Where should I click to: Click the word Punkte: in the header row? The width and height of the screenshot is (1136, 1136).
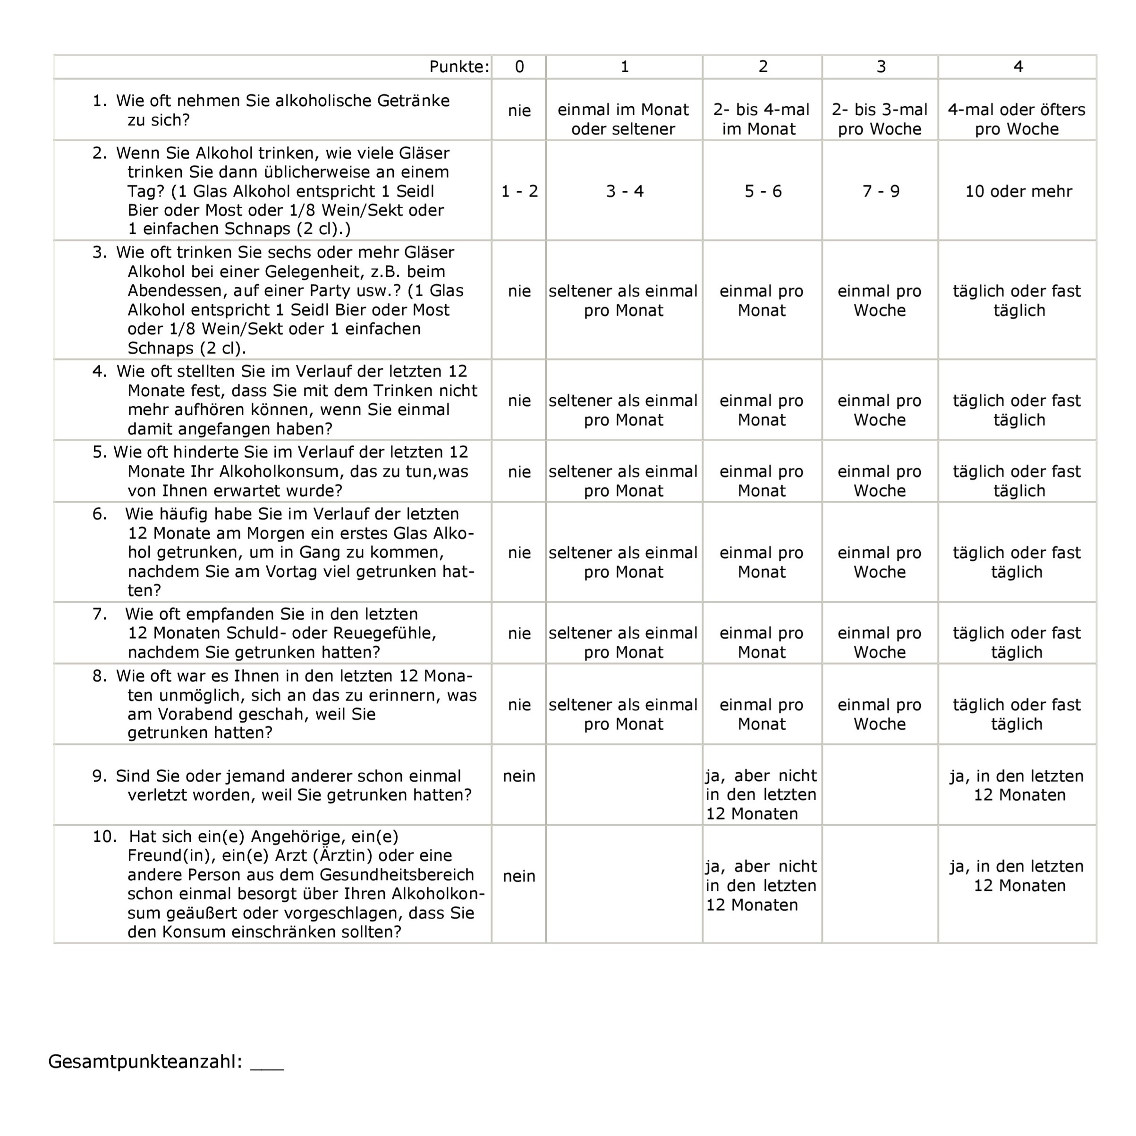coord(458,67)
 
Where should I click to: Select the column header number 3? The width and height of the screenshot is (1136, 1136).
coord(881,67)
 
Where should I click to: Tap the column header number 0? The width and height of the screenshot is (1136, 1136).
coord(519,67)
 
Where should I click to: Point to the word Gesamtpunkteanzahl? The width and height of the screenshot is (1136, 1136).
coord(144,1061)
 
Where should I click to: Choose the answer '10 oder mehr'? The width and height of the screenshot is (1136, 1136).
coord(1018,191)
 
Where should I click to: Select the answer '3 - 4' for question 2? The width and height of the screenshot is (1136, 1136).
coord(625,191)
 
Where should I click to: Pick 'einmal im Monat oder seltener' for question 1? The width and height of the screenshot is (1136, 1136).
coord(623,119)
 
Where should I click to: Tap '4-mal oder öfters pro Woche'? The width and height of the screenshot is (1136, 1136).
coord(1017,119)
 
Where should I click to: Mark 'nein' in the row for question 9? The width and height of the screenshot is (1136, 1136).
coord(519,776)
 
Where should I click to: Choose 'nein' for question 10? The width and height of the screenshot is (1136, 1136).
coord(519,876)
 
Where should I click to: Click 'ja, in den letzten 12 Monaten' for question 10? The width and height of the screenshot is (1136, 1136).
coord(1017,876)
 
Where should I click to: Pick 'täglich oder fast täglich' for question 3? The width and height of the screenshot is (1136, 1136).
coord(1017,300)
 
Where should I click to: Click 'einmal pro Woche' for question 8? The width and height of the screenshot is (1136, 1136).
coord(879,714)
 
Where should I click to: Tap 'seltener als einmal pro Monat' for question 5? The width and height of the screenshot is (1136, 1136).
coord(623,481)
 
